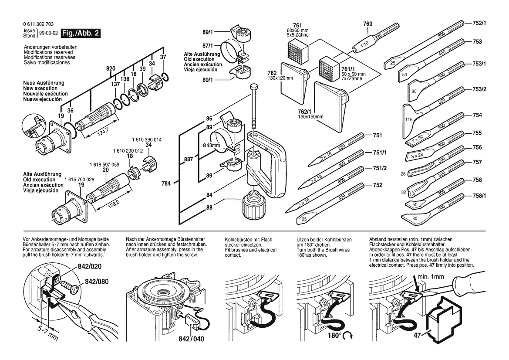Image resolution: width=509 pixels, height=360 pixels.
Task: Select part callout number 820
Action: click(x=111, y=68)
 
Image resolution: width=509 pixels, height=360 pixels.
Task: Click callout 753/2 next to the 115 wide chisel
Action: click(x=479, y=89)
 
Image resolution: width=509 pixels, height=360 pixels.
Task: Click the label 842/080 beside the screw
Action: click(x=96, y=282)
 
